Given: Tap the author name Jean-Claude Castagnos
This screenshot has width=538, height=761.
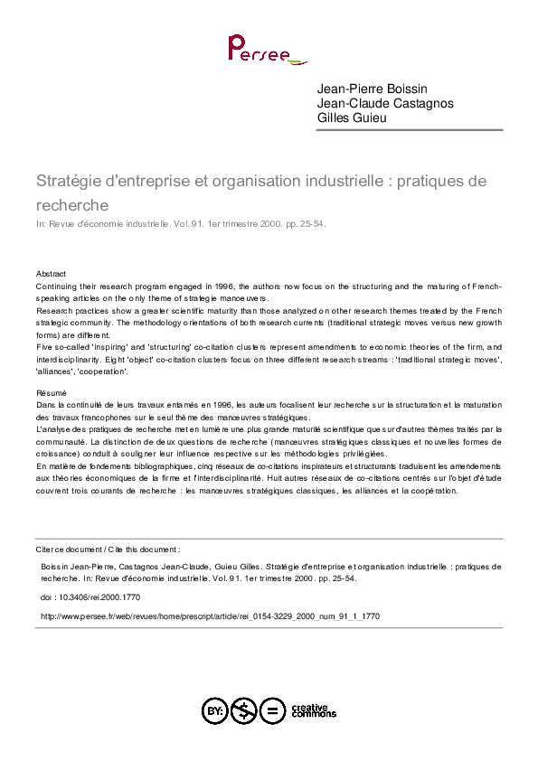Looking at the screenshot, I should click(x=384, y=103).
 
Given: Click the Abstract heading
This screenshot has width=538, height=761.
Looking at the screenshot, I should click(x=51, y=273).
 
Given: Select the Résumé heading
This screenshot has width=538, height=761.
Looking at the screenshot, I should click(x=52, y=393).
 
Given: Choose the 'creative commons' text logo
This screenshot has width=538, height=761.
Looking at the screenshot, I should click(x=312, y=709).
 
